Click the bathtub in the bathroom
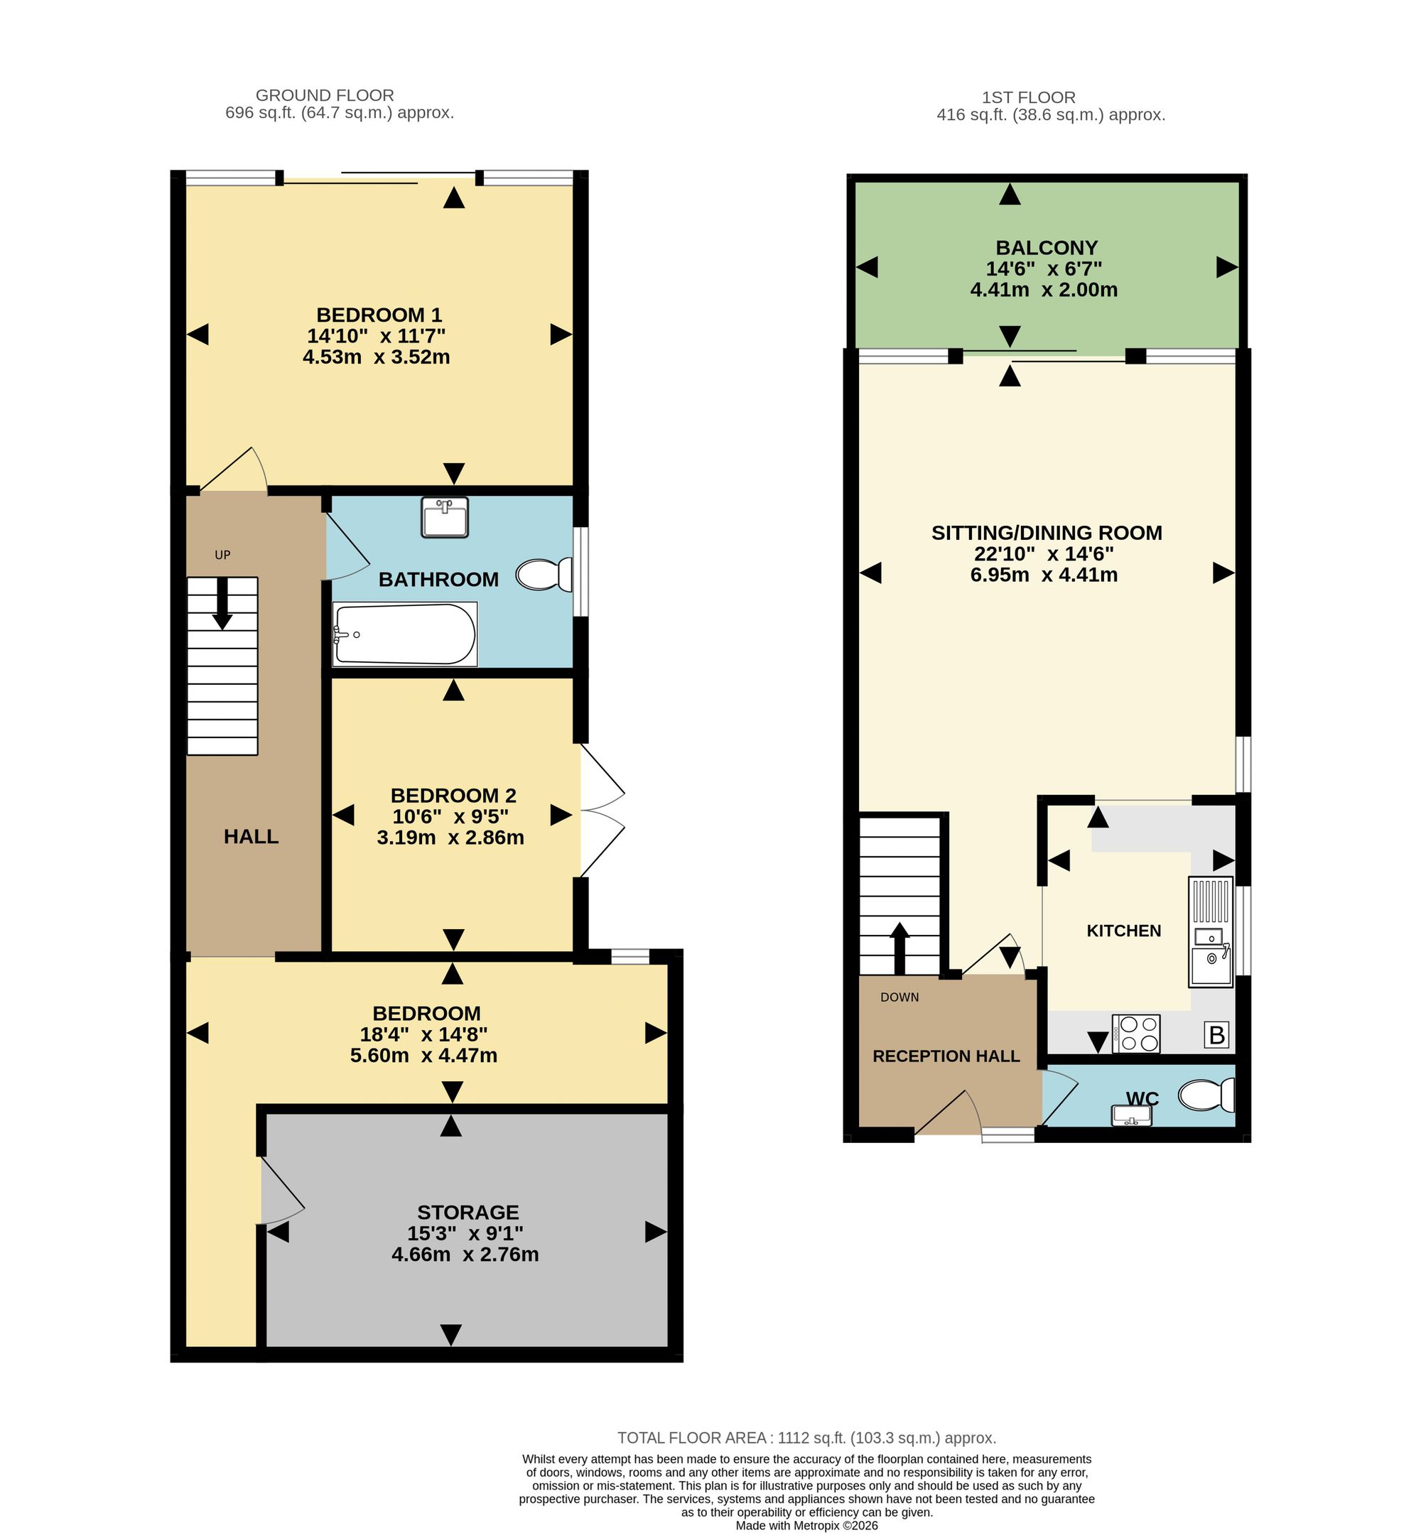[x=404, y=634]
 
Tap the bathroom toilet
[x=544, y=574]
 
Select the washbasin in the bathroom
[x=445, y=517]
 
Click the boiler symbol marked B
[x=1216, y=1035]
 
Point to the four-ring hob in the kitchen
[x=1135, y=1034]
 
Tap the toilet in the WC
[x=1206, y=1095]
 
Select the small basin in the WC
[x=1131, y=1115]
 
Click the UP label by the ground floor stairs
[x=222, y=554]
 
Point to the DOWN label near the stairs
[x=899, y=997]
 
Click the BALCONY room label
[x=1047, y=247]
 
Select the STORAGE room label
[x=468, y=1213]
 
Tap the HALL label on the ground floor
[x=252, y=836]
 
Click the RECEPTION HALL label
[x=946, y=1056]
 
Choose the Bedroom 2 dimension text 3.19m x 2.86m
[x=450, y=838]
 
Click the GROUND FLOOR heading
[x=325, y=95]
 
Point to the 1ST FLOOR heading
[x=1028, y=97]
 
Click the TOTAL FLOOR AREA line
[x=806, y=1438]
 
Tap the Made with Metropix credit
[x=806, y=1525]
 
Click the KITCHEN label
[x=1123, y=931]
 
